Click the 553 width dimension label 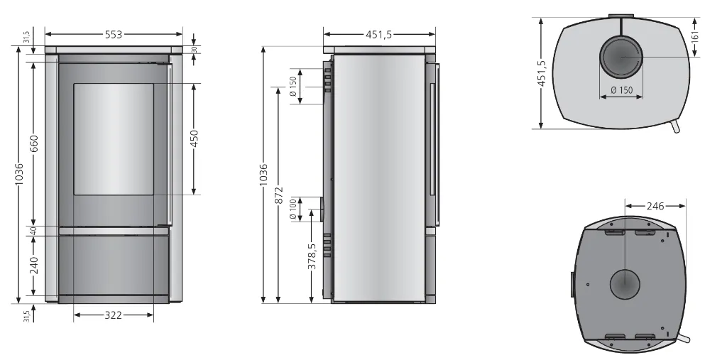pyautogui.click(x=113, y=34)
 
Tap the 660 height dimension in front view pyautogui.click(x=34, y=143)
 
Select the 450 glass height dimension pyautogui.click(x=195, y=138)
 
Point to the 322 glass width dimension pyautogui.click(x=113, y=315)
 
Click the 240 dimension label pyautogui.click(x=34, y=266)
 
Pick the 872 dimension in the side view pyautogui.click(x=278, y=195)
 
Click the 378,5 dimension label pyautogui.click(x=312, y=256)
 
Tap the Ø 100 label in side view pyautogui.click(x=293, y=209)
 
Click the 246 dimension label pyautogui.click(x=655, y=205)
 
